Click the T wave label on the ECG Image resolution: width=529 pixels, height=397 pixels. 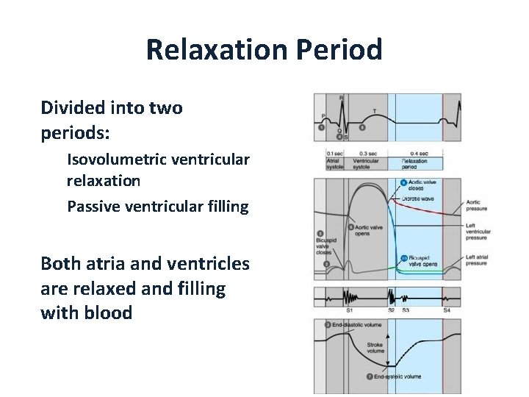(x=375, y=111)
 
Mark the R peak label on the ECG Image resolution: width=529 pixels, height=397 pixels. (x=340, y=97)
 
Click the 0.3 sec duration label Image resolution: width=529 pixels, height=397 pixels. (x=368, y=154)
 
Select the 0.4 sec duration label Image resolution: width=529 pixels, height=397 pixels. (x=419, y=154)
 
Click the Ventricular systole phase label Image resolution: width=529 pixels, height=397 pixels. (x=366, y=164)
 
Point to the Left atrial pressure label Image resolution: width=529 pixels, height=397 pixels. (x=476, y=259)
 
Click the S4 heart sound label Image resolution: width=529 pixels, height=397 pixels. (x=447, y=310)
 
